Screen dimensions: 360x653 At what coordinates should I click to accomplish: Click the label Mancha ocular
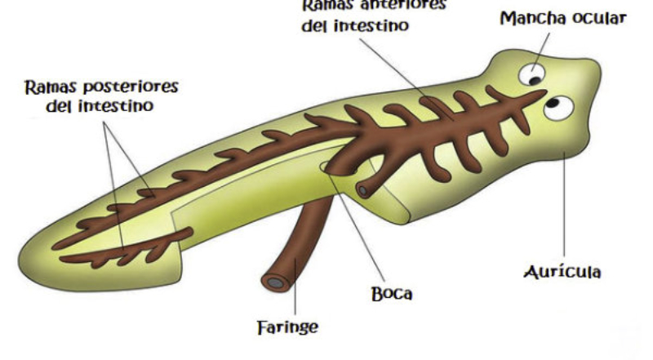click(x=563, y=18)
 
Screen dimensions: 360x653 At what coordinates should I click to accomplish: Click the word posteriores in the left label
click(x=125, y=87)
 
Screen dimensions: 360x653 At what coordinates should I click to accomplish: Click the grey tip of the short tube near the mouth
click(x=362, y=190)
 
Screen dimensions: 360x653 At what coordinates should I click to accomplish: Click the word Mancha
click(x=531, y=18)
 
